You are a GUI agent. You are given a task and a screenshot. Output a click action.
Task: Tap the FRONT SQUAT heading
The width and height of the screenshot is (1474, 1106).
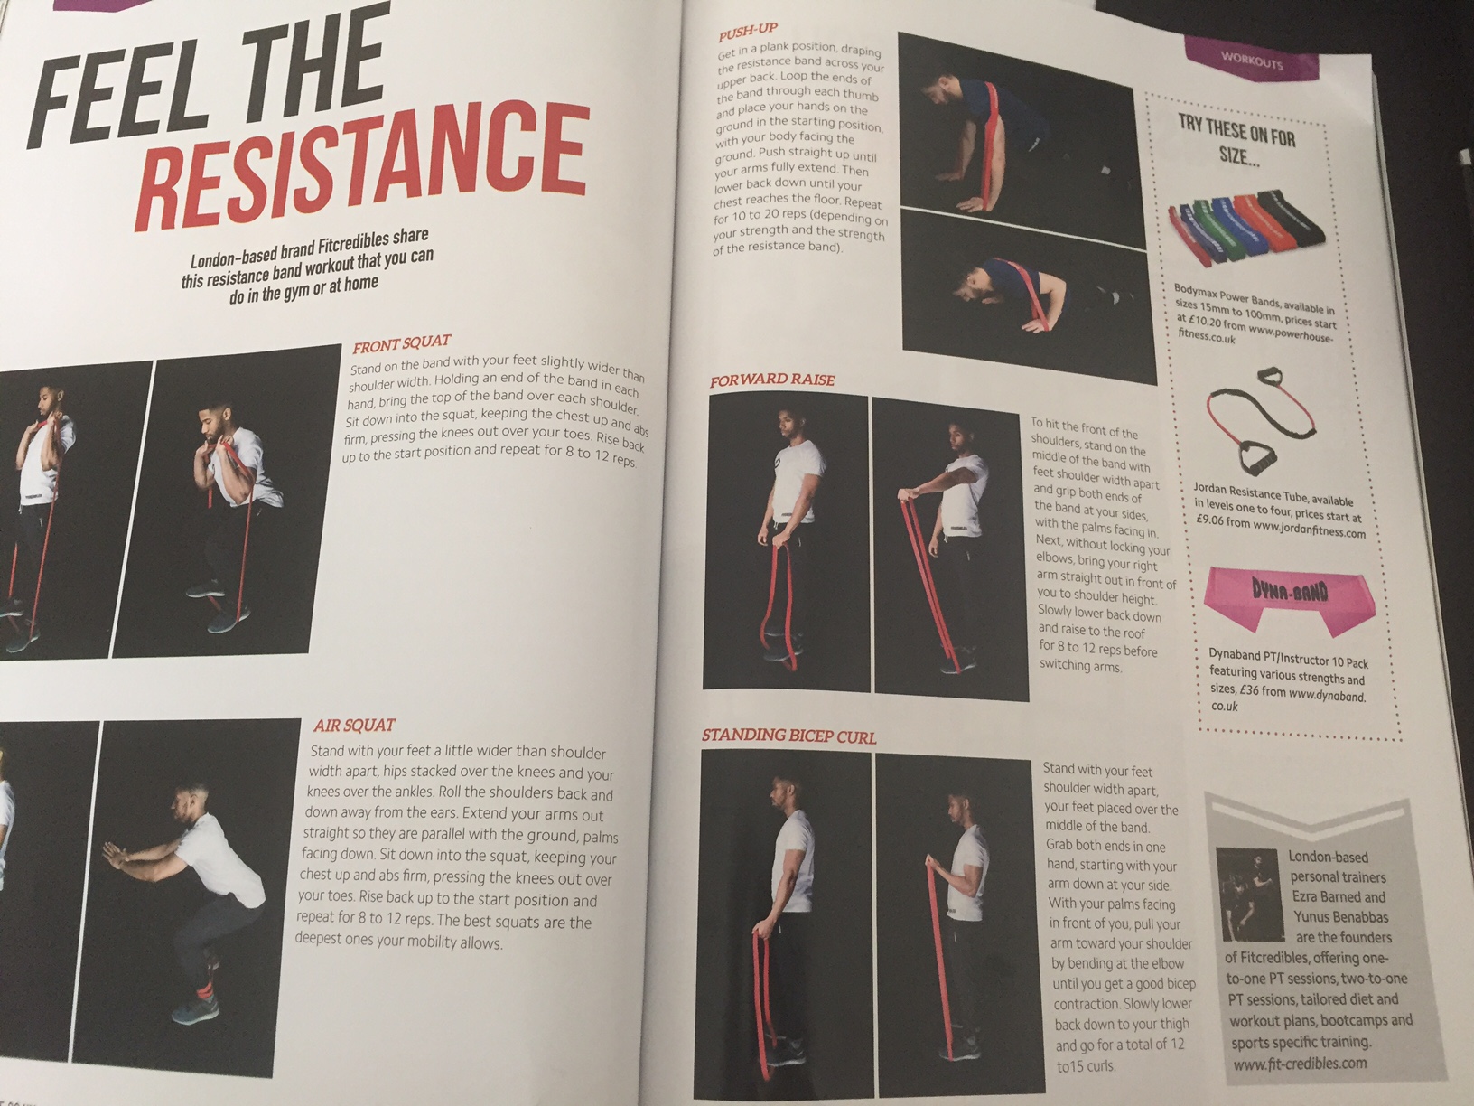[402, 344]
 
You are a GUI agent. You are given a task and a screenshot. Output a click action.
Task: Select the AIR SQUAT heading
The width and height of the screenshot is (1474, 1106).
[354, 726]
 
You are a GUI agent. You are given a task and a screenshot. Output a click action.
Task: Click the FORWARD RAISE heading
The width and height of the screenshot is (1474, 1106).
[772, 380]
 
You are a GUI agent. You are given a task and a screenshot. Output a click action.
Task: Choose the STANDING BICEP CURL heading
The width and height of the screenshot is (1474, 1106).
[789, 736]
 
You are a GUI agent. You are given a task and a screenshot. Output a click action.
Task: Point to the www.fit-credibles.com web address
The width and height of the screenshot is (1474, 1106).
[1300, 1064]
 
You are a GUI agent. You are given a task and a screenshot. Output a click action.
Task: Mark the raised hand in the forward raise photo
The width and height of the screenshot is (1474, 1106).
[909, 495]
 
